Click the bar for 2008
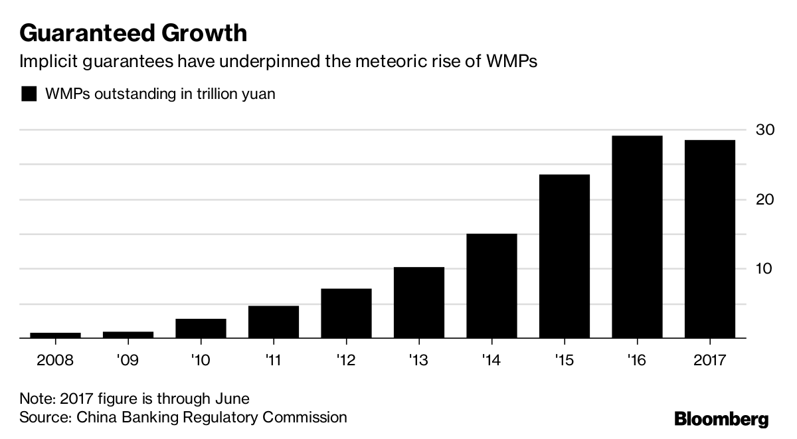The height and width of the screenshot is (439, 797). [x=55, y=335]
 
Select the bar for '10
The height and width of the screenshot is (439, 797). [x=201, y=329]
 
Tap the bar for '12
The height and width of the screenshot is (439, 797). [x=346, y=313]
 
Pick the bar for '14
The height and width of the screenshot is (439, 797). [x=491, y=286]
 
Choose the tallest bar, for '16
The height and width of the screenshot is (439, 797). [x=637, y=237]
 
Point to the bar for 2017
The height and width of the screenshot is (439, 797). [x=710, y=239]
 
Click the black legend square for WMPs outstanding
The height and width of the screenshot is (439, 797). [x=29, y=94]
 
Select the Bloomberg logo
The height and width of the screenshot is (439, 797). [x=721, y=419]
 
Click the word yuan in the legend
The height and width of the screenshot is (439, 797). [x=259, y=94]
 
